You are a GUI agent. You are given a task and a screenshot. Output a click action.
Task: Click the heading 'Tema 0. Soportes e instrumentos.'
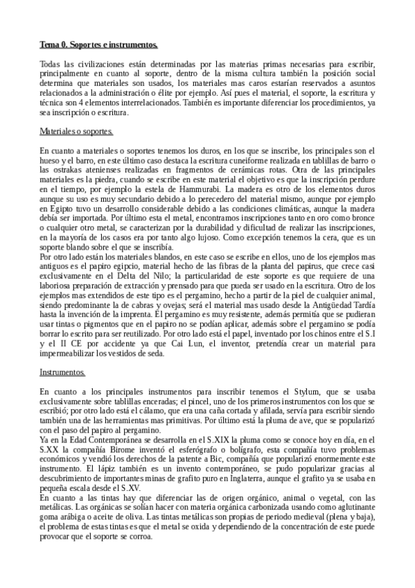(x=99, y=46)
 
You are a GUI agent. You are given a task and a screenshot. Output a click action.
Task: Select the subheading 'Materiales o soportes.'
(x=76, y=130)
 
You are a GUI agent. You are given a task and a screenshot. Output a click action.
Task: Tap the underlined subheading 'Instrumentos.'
(x=62, y=372)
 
